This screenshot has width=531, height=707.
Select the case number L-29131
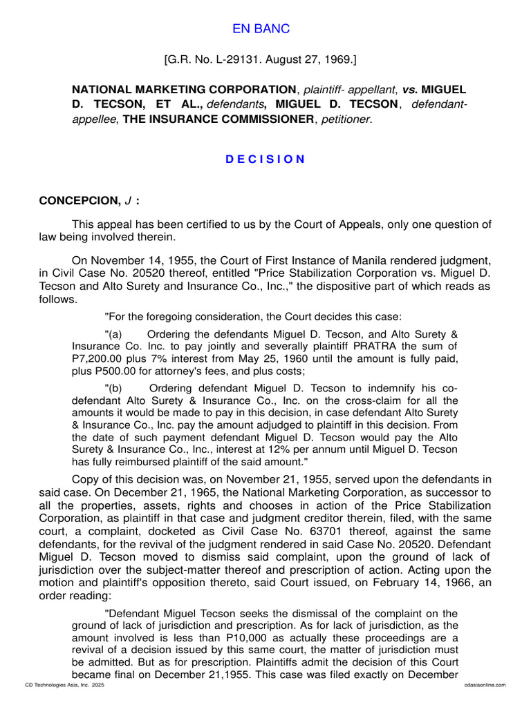tap(234, 61)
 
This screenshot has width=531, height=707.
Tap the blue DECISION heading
tap(265, 159)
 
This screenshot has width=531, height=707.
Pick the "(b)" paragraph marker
tap(113, 387)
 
